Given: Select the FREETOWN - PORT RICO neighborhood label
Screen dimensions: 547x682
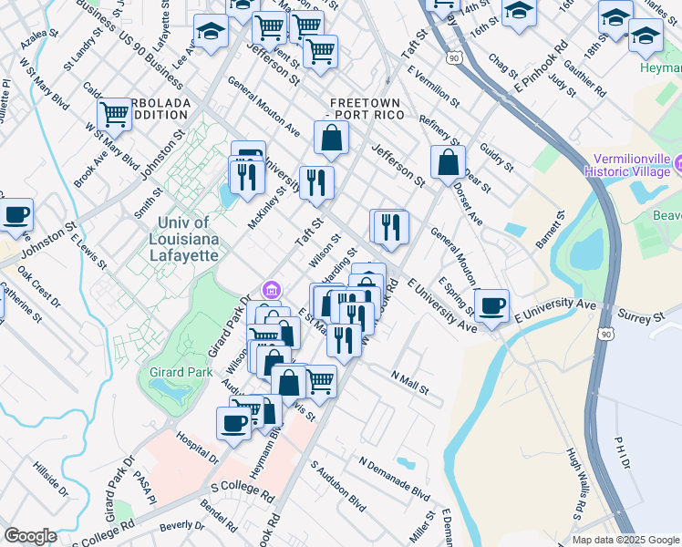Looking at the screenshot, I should coord(363,108).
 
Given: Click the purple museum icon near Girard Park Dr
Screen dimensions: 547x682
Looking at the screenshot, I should coord(270,290).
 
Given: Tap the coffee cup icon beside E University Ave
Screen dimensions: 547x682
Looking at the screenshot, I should coord(492,306).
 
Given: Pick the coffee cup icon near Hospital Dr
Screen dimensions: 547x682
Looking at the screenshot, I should coord(233,423).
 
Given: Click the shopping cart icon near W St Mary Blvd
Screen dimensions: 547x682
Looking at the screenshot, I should coord(114,116).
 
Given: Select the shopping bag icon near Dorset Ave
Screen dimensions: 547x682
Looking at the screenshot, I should coord(447,164).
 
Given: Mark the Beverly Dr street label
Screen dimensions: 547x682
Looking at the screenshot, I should coord(181,526).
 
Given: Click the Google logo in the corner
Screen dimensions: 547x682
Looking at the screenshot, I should coord(30,536).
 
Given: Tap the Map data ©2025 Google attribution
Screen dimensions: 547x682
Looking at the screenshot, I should coord(625,540).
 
